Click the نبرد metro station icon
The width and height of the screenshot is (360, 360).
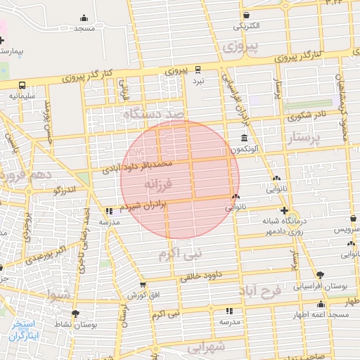pos(198,69)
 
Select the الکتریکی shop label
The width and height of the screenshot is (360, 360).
pos(246,26)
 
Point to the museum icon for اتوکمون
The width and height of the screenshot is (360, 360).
pos(243,137)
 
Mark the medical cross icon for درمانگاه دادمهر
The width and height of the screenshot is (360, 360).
pos(284,211)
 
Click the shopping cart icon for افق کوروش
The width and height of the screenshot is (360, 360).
pos(143,285)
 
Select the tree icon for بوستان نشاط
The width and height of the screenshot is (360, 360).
pos(75,314)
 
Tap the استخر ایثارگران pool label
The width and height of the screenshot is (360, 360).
pos(26,330)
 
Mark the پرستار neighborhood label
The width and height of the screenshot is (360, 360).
pos(309,139)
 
